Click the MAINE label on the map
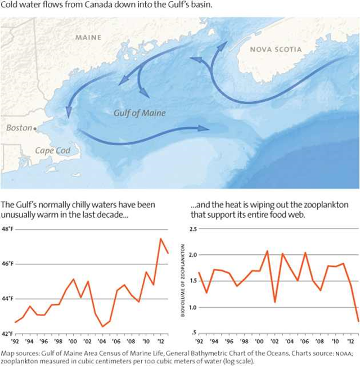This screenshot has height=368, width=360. point(88,38)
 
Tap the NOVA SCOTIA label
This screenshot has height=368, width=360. point(276,50)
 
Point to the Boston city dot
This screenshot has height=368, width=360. point(35,128)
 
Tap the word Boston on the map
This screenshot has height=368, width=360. point(19,128)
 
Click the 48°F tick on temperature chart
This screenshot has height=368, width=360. point(10,229)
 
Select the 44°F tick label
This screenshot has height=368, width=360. point(10,299)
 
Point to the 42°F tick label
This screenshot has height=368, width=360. point(10,333)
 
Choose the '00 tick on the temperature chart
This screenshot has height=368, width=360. point(73,341)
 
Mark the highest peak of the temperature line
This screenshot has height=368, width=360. point(161,239)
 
